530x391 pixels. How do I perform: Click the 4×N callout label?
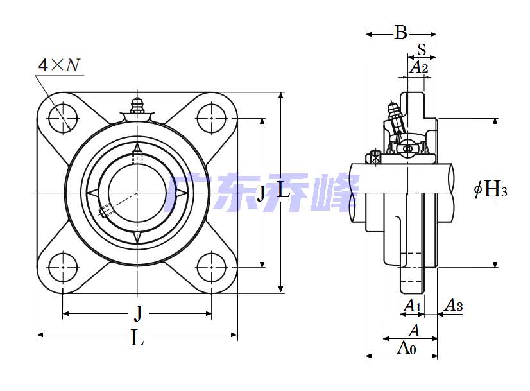point(59,65)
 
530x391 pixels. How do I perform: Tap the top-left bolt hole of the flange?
point(63,117)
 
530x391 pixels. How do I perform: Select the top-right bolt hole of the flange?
point(212,117)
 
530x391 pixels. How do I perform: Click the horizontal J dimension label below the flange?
point(137,313)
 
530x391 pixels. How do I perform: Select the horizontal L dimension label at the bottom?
point(137,338)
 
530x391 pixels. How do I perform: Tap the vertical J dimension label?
point(261,193)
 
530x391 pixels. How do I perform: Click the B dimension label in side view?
point(400,32)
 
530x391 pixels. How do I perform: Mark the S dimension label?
point(422,49)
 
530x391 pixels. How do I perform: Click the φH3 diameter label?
point(491,189)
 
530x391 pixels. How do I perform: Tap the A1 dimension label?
point(412,306)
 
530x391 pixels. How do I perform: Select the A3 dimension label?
point(454,306)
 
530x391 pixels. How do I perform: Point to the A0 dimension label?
point(407,348)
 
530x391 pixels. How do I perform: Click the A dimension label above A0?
point(414,331)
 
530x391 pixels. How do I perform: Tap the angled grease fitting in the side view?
point(393,116)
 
